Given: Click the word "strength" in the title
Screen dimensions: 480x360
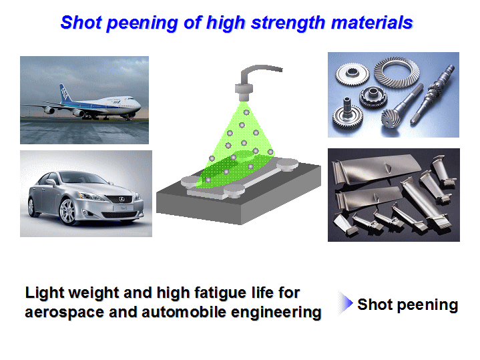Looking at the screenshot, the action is coord(288,23).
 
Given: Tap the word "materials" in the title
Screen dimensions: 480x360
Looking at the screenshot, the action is coord(372,23).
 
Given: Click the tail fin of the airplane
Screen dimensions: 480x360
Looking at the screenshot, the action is coord(65,93).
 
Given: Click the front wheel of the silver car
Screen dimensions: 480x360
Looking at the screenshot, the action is coord(67,212).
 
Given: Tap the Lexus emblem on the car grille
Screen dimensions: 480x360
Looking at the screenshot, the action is coord(122,199).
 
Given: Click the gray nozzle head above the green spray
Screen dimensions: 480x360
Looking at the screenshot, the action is coord(244,92).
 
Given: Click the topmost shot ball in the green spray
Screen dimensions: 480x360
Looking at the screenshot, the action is coord(246,112).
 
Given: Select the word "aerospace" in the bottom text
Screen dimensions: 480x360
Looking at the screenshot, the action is coord(65,313).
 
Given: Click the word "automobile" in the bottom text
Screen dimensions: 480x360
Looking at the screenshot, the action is coord(184,312).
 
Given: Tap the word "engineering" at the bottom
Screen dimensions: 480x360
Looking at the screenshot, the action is coord(276,313).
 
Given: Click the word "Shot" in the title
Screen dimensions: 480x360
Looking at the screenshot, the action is coord(81,23).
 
